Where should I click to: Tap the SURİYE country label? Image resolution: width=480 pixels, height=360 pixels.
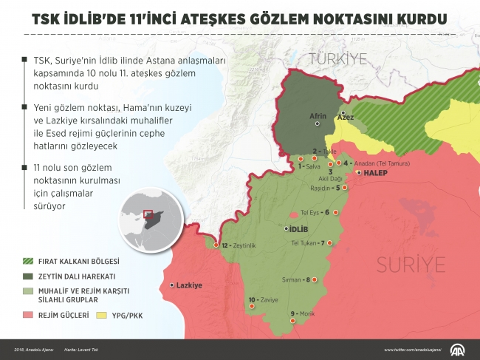coord(411,264)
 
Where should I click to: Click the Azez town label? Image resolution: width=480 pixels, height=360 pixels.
coord(345,118)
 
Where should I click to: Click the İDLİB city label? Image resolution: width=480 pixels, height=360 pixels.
coord(297,229)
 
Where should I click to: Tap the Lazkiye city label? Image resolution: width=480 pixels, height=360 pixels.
coord(188,285)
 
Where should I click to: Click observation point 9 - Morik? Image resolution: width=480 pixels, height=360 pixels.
coord(303,314)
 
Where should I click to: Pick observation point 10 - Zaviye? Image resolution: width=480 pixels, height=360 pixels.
coord(262,300)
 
